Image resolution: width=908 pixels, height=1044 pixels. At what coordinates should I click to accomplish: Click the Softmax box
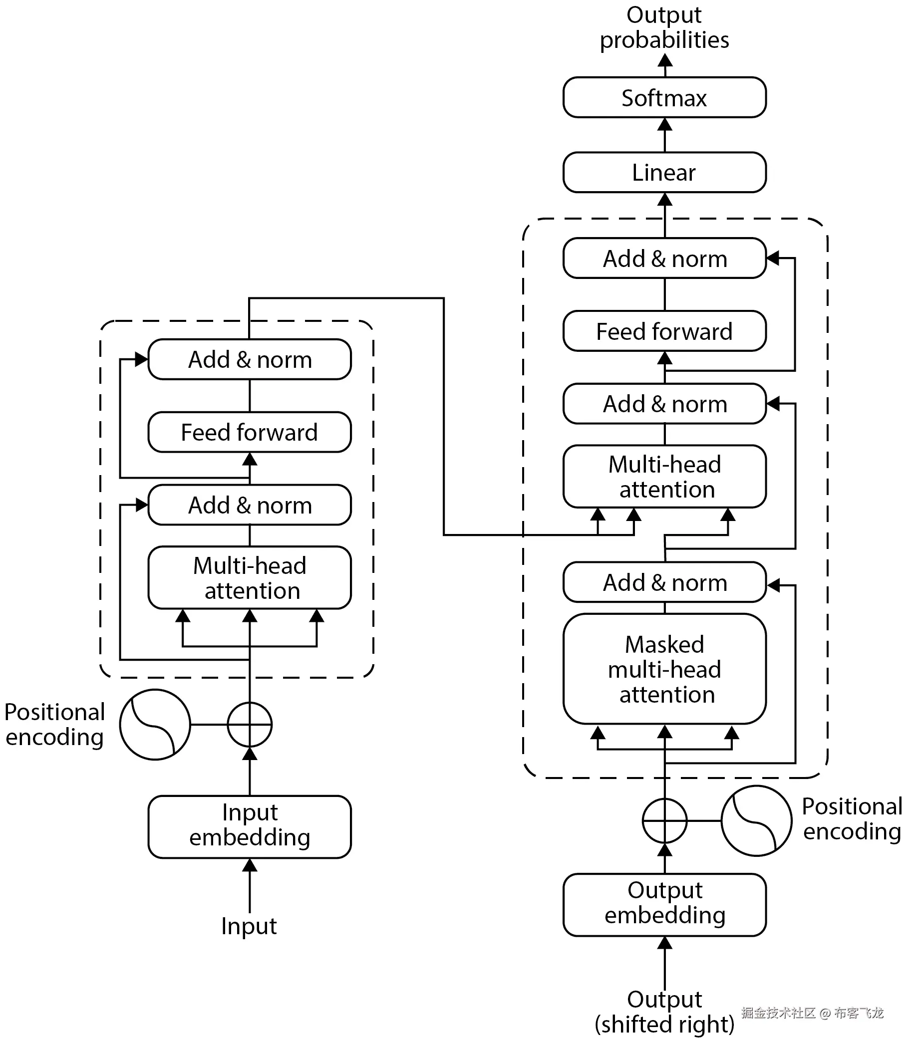664,97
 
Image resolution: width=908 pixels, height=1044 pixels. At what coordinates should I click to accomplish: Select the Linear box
664,172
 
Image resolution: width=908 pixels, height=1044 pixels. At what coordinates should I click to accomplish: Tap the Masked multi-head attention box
664,669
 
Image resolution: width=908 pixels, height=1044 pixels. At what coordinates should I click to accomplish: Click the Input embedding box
249,827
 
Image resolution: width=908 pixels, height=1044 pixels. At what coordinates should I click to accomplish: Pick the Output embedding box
664,905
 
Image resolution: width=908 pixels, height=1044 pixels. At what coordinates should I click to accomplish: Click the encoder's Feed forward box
249,432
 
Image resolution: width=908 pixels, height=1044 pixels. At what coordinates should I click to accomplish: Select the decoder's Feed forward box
664,331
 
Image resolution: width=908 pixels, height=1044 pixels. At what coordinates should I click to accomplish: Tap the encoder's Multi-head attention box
249,577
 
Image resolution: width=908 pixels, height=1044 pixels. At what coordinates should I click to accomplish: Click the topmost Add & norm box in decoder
664,258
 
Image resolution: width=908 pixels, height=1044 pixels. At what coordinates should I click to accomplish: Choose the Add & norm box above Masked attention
664,582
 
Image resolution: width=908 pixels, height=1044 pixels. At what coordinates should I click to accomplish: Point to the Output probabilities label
664,27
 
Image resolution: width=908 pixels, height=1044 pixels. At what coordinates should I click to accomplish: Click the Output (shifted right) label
664,1012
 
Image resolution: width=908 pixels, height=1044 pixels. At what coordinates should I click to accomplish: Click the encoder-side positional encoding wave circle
155,725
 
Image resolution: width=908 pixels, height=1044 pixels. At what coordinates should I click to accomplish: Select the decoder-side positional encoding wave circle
756,820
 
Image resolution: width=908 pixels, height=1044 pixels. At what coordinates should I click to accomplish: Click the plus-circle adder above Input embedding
249,725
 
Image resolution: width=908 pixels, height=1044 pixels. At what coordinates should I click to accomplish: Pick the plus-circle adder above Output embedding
664,820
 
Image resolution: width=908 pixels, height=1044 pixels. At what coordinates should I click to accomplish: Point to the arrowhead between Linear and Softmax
664,125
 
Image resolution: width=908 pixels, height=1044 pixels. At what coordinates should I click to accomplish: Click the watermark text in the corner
812,1013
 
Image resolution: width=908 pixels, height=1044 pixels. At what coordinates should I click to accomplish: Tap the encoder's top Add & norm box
249,359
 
